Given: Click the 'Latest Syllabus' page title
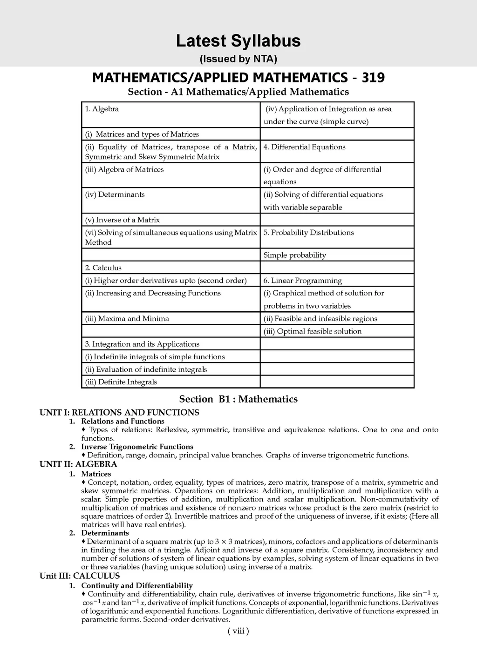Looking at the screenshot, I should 238,41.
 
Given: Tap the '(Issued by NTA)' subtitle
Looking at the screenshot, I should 238,59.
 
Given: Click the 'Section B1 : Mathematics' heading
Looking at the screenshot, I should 238,399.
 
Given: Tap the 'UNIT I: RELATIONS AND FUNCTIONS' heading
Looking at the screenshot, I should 119,412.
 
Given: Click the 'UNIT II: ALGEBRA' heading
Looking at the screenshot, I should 78,464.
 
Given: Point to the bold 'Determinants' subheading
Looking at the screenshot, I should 105,533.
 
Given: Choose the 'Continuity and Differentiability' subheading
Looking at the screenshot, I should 136,585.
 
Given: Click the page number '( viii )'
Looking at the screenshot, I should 238,631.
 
